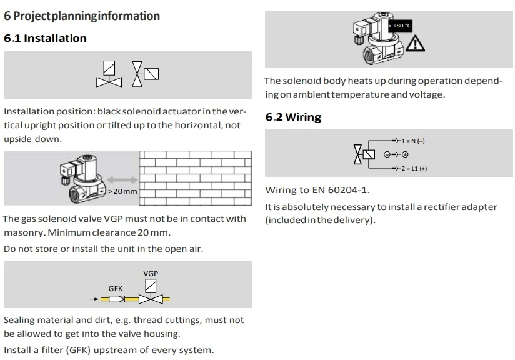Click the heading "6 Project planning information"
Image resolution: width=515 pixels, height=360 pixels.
[82, 16]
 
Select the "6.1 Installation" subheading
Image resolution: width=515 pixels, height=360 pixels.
[45, 39]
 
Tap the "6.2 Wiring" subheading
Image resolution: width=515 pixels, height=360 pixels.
[293, 117]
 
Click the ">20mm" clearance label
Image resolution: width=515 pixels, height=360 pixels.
[122, 191]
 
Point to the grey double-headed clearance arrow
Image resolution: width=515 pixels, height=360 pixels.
[122, 179]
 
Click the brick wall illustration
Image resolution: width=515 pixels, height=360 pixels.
[194, 177]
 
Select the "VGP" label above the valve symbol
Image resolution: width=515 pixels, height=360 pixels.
[151, 274]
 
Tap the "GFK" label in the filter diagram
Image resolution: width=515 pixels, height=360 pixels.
[116, 289]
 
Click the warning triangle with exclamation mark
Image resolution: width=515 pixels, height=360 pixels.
[415, 43]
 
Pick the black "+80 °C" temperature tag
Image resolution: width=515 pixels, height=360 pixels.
[401, 26]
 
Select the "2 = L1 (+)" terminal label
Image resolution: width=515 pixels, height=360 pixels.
[414, 168]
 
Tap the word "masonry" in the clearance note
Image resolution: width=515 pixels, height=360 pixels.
[23, 232]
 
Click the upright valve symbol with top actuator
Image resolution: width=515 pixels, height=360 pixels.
[109, 74]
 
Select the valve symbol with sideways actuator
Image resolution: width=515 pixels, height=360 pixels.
[145, 73]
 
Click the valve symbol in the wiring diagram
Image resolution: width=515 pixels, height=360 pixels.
[364, 154]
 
